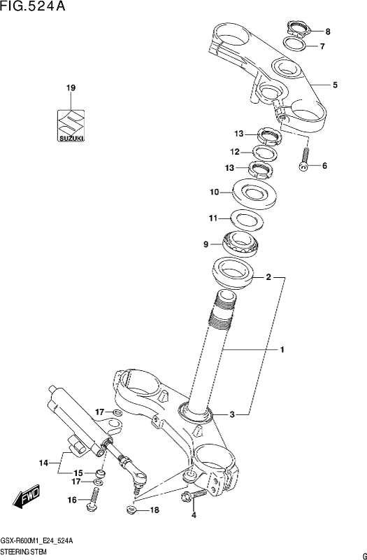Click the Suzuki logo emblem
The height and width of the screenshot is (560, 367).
click(x=71, y=125)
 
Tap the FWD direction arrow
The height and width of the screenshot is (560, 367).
click(x=26, y=497)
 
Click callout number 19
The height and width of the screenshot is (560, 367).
click(x=71, y=88)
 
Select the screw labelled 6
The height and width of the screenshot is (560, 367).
click(x=304, y=160)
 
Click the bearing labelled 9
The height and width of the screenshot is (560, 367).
click(x=239, y=243)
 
